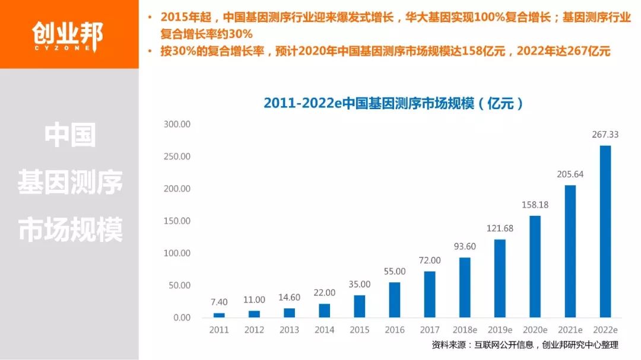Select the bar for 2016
point(395,300)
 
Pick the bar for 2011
point(220,315)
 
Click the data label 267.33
point(605,135)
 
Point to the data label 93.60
point(465,247)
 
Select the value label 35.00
point(360,284)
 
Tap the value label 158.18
point(535,205)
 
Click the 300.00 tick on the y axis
point(177,125)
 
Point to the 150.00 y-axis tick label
point(177,221)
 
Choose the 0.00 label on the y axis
point(181,318)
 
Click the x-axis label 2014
point(325,330)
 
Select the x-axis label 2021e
point(570,330)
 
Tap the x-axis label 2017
point(430,330)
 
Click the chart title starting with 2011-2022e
point(394,103)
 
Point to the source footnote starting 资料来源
point(525,345)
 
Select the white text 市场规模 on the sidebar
point(70,230)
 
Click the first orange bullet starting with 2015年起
point(391,25)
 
